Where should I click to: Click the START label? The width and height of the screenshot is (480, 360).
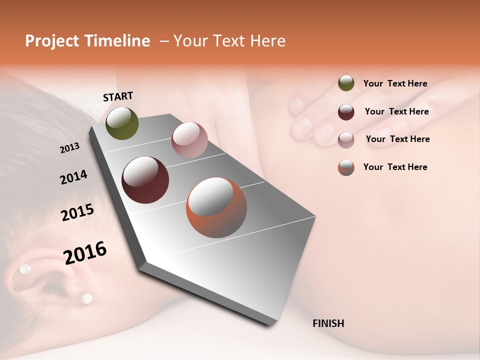click(x=118, y=96)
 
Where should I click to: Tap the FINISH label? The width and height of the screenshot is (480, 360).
click(x=328, y=323)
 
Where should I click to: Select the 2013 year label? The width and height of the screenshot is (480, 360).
click(x=69, y=148)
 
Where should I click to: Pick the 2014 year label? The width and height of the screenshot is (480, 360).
click(x=73, y=177)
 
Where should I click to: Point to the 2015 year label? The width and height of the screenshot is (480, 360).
click(x=77, y=212)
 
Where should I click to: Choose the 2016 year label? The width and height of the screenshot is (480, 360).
click(x=85, y=252)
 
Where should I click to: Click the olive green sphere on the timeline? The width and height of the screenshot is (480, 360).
click(x=122, y=123)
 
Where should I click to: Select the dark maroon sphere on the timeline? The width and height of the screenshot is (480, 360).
click(x=145, y=180)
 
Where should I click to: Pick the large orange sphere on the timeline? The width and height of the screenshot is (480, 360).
click(x=216, y=207)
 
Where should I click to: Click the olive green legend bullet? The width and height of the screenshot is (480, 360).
click(x=346, y=83)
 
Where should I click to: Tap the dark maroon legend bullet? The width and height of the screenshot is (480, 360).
click(x=346, y=111)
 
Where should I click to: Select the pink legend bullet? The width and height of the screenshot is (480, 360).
click(x=346, y=139)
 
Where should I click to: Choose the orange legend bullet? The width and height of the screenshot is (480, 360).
click(x=346, y=167)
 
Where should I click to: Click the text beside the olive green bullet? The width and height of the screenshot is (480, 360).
click(x=395, y=83)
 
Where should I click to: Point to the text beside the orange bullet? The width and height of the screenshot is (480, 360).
click(x=395, y=167)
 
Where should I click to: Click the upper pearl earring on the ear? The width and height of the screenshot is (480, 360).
click(x=24, y=269)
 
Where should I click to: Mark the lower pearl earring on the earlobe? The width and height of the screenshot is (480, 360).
click(x=87, y=298)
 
